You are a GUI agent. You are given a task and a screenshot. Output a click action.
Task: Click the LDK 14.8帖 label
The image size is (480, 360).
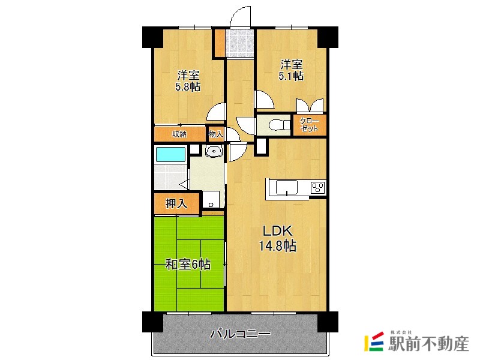[x=277, y=238]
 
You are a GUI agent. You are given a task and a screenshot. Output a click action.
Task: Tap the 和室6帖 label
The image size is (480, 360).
[x=188, y=265]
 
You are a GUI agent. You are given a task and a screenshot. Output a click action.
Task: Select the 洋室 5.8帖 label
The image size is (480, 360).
[x=188, y=81]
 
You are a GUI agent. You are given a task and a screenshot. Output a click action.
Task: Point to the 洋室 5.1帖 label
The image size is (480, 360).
[x=291, y=70]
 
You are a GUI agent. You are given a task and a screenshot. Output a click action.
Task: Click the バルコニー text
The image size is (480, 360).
[x=241, y=334]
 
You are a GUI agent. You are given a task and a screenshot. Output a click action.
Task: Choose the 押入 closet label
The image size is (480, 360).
[x=176, y=203]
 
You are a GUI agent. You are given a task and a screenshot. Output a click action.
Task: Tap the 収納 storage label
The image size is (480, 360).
[x=179, y=134]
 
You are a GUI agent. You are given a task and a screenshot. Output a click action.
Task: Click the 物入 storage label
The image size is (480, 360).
[x=216, y=134]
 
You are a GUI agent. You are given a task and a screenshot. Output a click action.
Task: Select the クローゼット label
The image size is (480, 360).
[x=309, y=125]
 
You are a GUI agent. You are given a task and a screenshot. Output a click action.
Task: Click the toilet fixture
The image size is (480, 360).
[x=279, y=125]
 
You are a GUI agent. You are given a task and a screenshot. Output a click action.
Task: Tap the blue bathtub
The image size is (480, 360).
[x=171, y=154]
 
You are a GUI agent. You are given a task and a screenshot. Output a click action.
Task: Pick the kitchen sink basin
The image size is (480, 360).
[x=287, y=187]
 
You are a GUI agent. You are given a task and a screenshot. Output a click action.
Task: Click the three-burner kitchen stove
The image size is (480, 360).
[x=318, y=187]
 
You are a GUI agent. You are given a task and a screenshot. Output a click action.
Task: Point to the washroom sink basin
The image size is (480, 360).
[x=214, y=151]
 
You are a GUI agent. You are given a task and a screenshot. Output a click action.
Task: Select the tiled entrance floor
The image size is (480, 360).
[x=239, y=43]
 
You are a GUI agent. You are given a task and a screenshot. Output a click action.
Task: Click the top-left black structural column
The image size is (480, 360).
[x=152, y=37]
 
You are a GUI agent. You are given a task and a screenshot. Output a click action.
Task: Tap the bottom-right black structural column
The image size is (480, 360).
[x=328, y=322]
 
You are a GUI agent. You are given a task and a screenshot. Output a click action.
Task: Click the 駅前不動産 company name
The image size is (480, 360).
[x=428, y=344]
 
